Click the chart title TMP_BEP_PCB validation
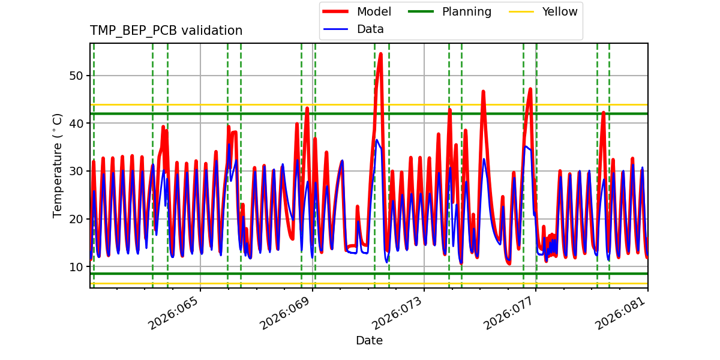tap(166, 31)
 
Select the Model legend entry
tap(373, 11)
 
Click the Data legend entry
tap(370, 29)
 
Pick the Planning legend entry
tap(466, 11)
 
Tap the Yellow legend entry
tap(559, 11)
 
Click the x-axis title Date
tap(369, 341)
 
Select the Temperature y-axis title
tap(58, 166)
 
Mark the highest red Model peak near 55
tap(380, 54)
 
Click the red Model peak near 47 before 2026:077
tap(530, 89)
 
